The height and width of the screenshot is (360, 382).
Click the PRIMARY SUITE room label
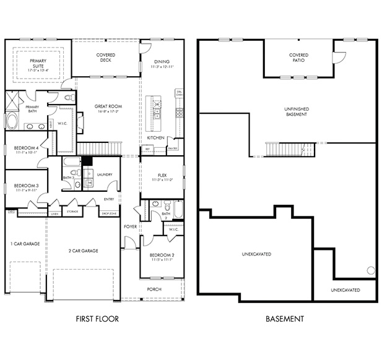(37, 64)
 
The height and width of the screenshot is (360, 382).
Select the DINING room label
(162, 62)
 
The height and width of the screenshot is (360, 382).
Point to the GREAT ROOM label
(108, 107)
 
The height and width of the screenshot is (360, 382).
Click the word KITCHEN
(155, 137)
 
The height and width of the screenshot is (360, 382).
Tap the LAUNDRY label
(105, 174)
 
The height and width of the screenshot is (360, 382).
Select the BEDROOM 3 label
(26, 186)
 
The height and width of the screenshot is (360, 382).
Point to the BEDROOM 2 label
(162, 255)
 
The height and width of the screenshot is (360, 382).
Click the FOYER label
(131, 226)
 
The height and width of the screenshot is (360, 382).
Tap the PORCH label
(154, 289)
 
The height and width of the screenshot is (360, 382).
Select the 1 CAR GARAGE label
(25, 244)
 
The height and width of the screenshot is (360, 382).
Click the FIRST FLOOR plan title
(97, 319)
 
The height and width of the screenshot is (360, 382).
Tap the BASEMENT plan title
(285, 319)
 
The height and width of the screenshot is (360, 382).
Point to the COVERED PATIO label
(298, 58)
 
